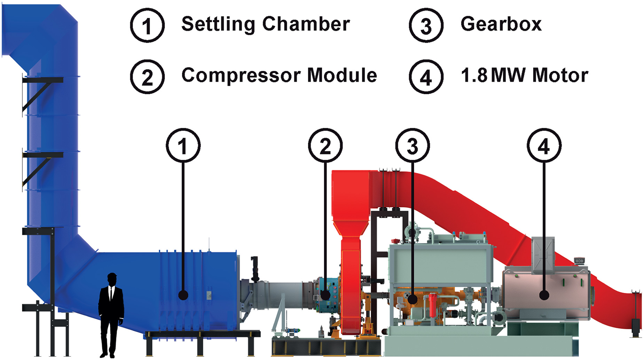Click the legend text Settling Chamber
pos(265,24)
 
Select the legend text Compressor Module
pos(279,76)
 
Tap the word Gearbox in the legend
pos(501,24)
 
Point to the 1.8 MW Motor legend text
pos(524,76)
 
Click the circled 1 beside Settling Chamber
pos(147,25)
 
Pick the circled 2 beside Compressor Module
pos(147,77)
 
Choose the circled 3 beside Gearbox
pos(426,25)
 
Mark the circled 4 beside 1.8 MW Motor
pos(426,77)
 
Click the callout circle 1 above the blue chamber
pos(183,146)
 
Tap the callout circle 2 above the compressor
pos(325,146)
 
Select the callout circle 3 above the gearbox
pos(413,146)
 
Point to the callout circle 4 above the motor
pos(544,146)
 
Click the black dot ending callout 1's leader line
pos(183,295)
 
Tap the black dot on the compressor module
pos(325,295)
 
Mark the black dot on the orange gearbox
pos(413,299)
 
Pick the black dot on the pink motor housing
pos(544,295)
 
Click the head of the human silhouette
pos(112,279)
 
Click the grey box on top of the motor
pos(543,254)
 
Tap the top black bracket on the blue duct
pos(42,80)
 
